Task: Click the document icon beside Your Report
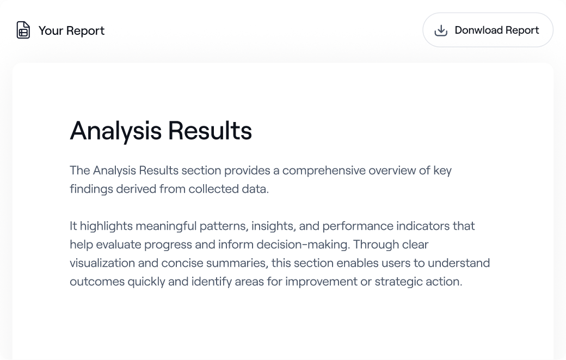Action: coord(23,30)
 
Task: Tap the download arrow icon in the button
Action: coord(441,30)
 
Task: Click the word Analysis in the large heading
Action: coord(115,131)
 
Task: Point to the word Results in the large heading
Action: coord(210,130)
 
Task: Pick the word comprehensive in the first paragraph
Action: coord(324,171)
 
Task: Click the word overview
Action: coord(392,170)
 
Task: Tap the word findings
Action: coord(91,189)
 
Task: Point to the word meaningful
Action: coord(166,227)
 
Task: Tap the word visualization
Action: coord(102,263)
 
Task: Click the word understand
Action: coord(459,263)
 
